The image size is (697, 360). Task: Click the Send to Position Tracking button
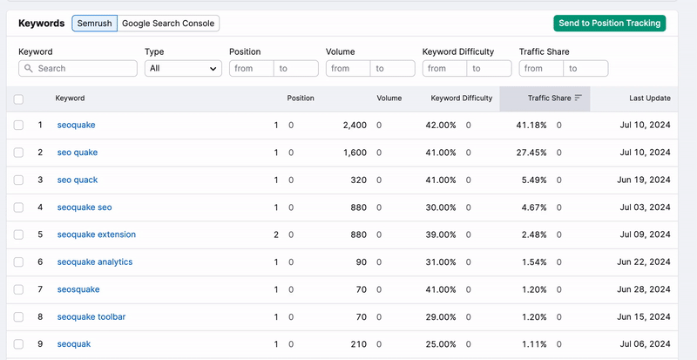(x=609, y=24)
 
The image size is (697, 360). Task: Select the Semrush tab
(x=93, y=24)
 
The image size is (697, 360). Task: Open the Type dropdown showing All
(x=183, y=68)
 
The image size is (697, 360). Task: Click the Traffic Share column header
(x=549, y=98)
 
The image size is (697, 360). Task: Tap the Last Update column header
(x=649, y=98)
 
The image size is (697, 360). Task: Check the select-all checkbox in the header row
(x=19, y=99)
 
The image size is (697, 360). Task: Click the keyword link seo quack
(x=78, y=180)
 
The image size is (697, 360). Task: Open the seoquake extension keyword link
(x=97, y=234)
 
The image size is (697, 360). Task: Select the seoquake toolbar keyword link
(x=91, y=316)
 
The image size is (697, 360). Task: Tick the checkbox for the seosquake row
(x=19, y=289)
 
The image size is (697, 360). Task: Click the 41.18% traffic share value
(x=531, y=126)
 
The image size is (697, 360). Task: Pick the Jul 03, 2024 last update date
(x=645, y=207)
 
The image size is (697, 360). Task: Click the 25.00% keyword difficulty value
(x=441, y=343)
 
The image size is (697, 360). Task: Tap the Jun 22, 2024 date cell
(x=645, y=262)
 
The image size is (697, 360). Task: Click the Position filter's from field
(x=251, y=68)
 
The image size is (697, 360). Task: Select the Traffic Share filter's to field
(x=585, y=68)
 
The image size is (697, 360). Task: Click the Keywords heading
(x=42, y=24)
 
